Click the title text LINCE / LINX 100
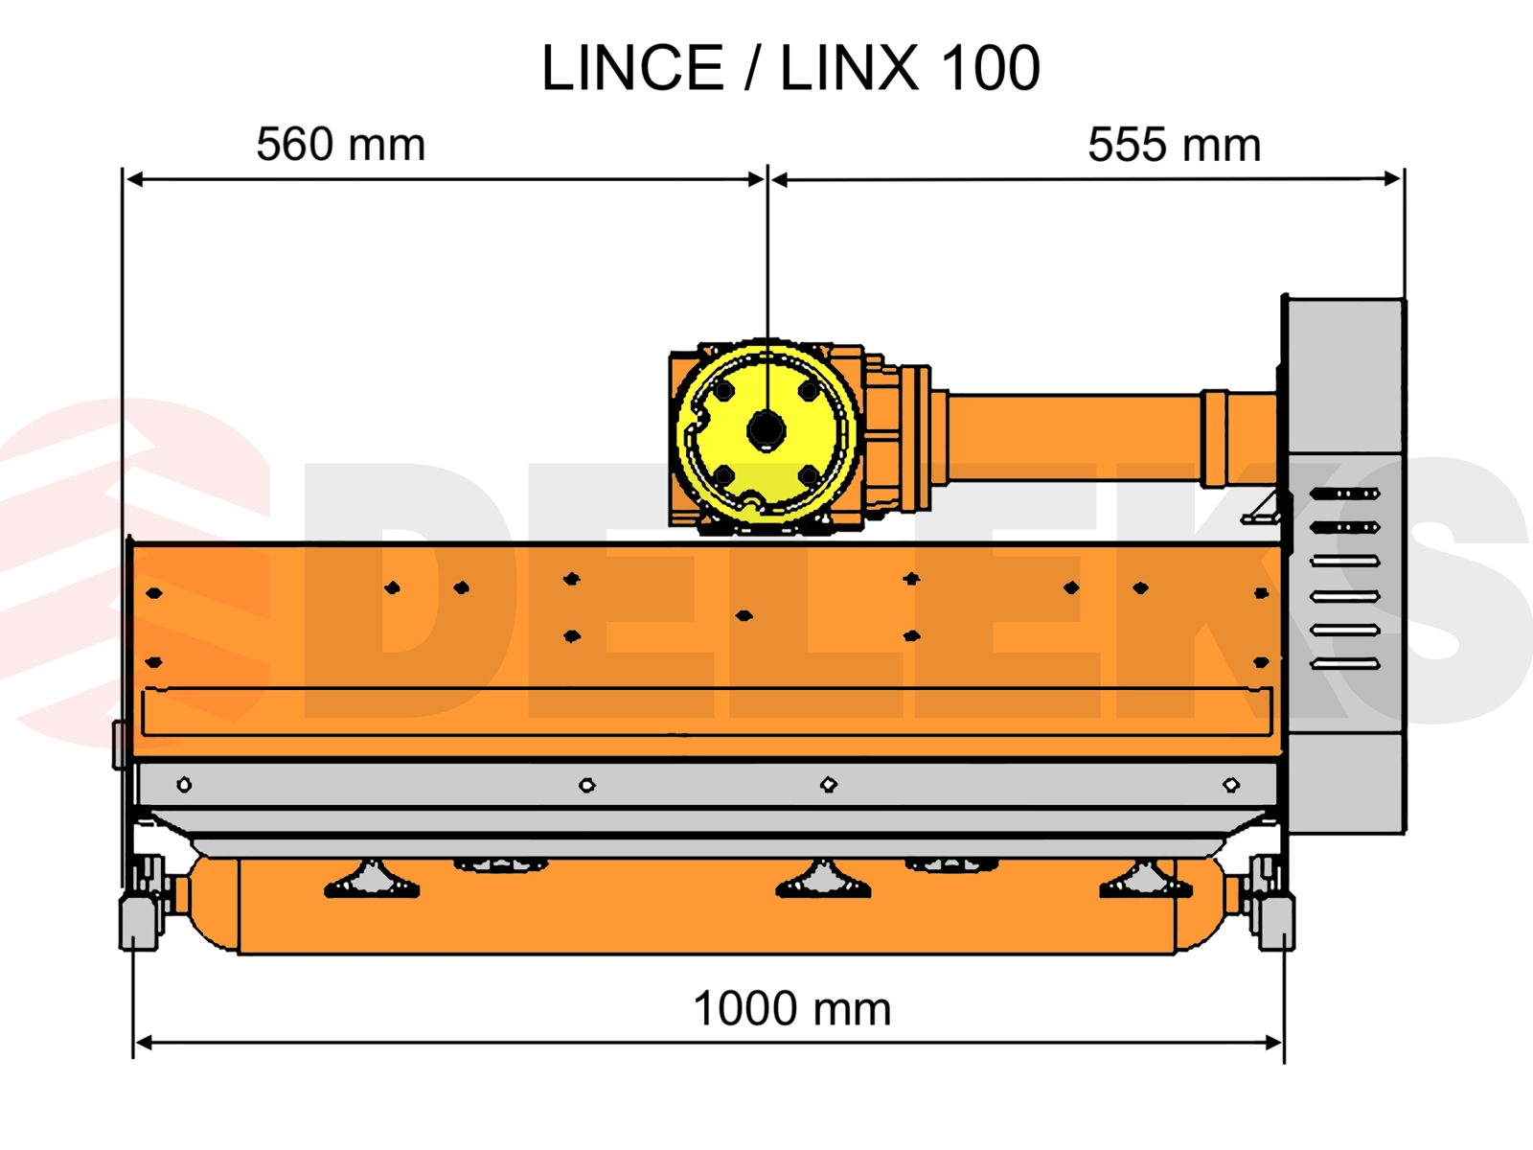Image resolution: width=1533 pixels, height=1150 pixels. [790, 68]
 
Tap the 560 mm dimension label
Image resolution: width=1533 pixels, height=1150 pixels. [341, 145]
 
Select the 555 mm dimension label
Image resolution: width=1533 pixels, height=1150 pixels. [1174, 146]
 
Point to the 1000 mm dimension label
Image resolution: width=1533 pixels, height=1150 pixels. [792, 1009]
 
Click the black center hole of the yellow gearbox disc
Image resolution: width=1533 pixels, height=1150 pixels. [766, 430]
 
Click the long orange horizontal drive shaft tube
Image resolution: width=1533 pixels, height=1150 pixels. [1073, 438]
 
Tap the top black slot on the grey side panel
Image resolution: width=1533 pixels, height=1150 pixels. [1344, 494]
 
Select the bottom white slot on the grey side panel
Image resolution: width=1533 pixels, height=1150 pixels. [1344, 663]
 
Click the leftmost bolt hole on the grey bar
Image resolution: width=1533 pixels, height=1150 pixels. [184, 786]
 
